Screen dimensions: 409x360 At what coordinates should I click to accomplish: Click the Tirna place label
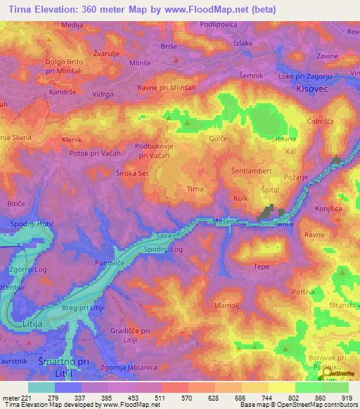pyautogui.click(x=195, y=189)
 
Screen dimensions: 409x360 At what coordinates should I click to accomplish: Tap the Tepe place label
pyautogui.click(x=261, y=266)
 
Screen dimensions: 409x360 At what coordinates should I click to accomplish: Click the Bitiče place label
pyautogui.click(x=16, y=203)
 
